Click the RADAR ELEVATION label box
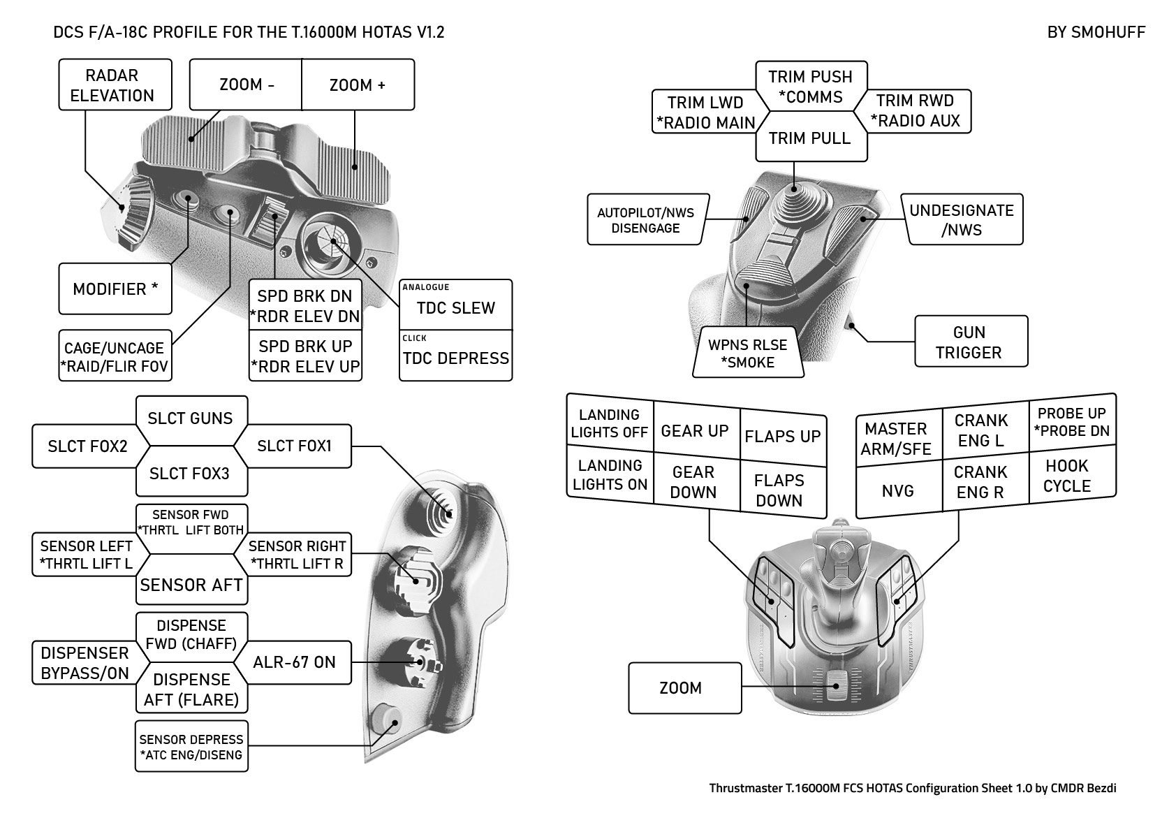click(115, 85)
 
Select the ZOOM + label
click(357, 85)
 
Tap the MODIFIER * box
click(115, 289)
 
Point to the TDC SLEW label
click(455, 307)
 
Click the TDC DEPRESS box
click(455, 358)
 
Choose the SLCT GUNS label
click(190, 418)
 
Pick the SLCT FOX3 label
click(189, 474)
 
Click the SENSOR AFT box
click(191, 585)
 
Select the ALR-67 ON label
click(294, 662)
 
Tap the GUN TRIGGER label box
click(970, 342)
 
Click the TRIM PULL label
click(810, 138)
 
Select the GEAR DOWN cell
click(693, 483)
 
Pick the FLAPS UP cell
click(782, 437)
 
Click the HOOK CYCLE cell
click(1067, 476)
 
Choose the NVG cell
click(898, 491)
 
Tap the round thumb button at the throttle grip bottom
click(385, 720)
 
